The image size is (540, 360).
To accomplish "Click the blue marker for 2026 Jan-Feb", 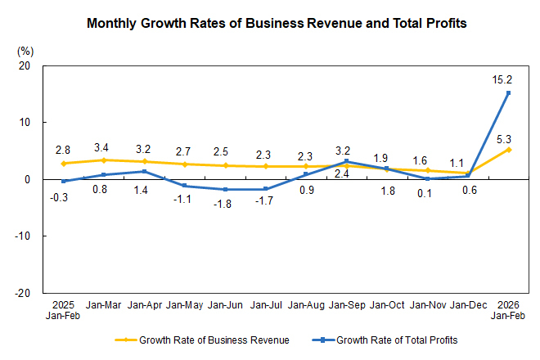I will tap(508, 92).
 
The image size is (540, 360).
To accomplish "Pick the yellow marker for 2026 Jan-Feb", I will tap(508, 149).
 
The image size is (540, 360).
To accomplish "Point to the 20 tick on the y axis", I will tap(25, 65).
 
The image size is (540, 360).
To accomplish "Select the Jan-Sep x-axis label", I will tap(347, 305).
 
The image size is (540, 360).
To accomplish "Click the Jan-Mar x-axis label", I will tap(104, 305).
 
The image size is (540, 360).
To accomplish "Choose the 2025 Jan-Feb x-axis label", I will tap(63, 310).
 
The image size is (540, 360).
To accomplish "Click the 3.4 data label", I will tap(104, 147).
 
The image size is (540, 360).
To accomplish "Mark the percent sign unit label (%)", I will tap(25, 50).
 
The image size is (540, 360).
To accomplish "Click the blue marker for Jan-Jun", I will tap(225, 189).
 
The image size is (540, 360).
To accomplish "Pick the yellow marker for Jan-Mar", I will tap(104, 160).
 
